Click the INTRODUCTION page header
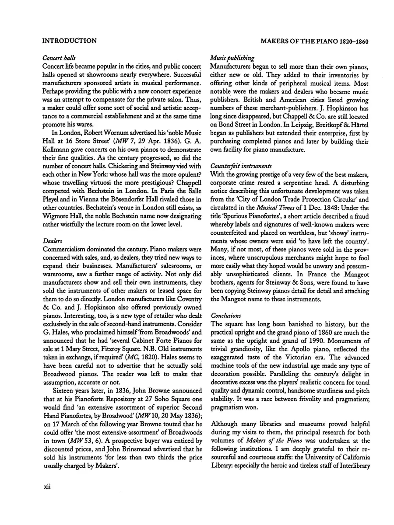69,41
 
